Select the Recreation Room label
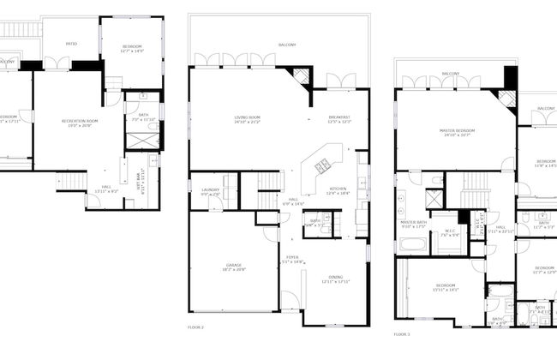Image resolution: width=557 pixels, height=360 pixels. pyautogui.click(x=80, y=123)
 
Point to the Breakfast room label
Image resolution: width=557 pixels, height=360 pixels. pyautogui.click(x=339, y=118)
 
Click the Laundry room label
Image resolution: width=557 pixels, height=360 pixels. pyautogui.click(x=211, y=192)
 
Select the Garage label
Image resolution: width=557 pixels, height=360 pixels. pyautogui.click(x=234, y=267)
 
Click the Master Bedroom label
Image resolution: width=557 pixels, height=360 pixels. pyautogui.click(x=458, y=132)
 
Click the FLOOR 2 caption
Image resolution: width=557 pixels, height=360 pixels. pyautogui.click(x=196, y=327)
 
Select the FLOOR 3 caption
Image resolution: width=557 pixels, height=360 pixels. pyautogui.click(x=402, y=333)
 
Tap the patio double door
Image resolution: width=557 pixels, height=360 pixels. pyautogui.click(x=57, y=63)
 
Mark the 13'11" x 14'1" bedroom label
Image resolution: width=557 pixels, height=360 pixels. pyautogui.click(x=446, y=287)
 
